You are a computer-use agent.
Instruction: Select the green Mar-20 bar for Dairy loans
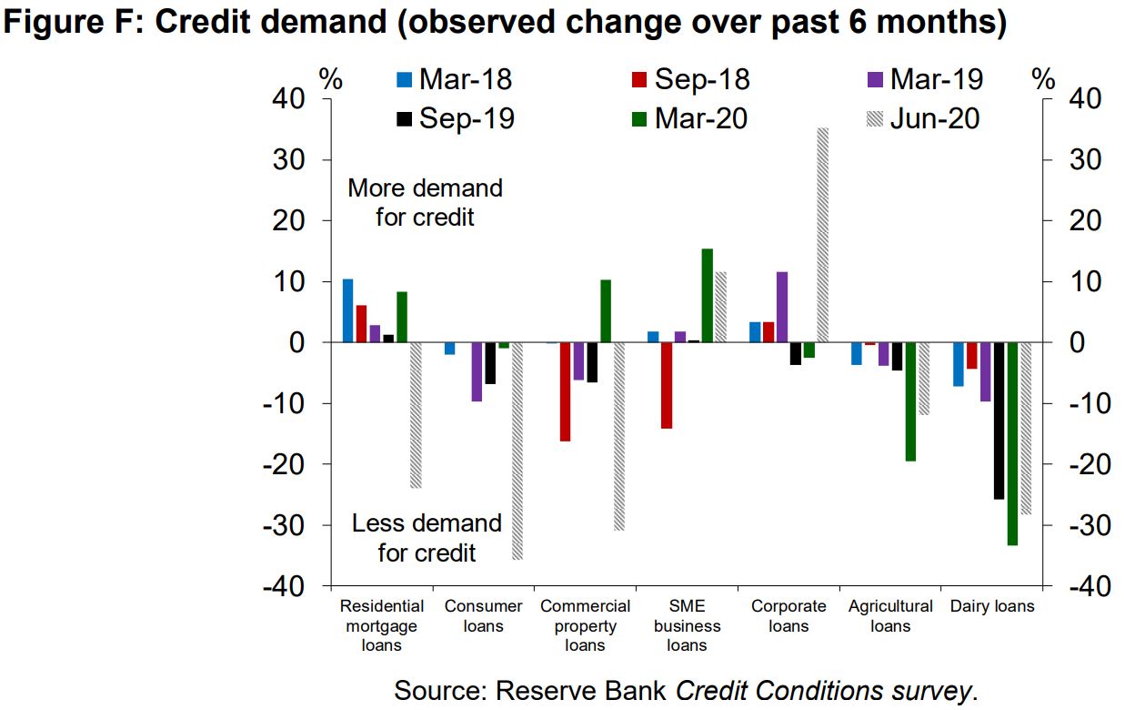(x=1012, y=443)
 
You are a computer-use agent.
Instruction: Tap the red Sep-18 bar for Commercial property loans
(x=565, y=391)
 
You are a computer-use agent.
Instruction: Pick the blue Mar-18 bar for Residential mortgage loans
(x=347, y=310)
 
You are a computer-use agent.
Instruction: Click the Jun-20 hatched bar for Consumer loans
(x=517, y=451)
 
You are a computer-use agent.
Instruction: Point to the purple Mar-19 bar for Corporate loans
(x=781, y=307)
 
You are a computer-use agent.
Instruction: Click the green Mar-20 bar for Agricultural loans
(x=910, y=401)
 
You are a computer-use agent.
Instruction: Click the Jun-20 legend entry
(x=923, y=117)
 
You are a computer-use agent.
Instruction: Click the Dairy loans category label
(x=992, y=606)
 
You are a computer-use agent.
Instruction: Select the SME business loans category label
(x=687, y=625)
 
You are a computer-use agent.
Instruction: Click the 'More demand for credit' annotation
(x=425, y=202)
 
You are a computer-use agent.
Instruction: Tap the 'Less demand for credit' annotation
(x=427, y=537)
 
